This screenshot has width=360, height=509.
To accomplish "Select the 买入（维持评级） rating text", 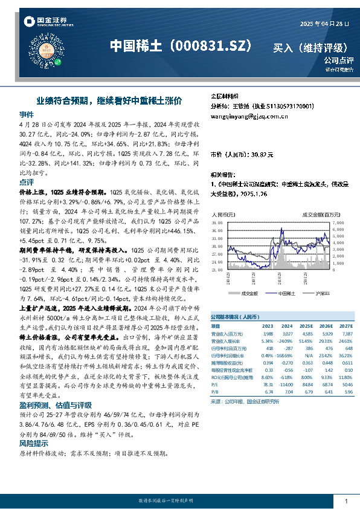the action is (310, 47).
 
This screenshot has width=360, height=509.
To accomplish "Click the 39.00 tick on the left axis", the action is (216, 223).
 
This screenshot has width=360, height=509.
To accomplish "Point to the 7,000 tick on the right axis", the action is (337, 223).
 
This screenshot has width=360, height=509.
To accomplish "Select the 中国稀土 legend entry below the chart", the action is (281, 293).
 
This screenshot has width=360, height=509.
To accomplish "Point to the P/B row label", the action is (214, 392).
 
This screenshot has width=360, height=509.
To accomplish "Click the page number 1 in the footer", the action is (346, 502).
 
